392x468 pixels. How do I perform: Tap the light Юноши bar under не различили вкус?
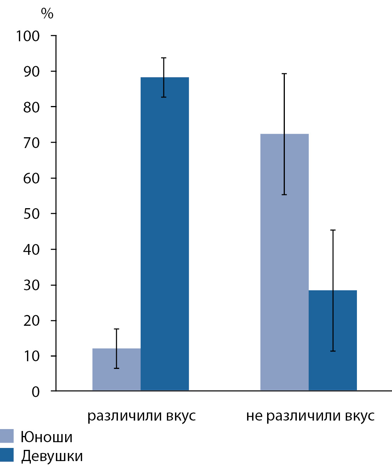click(x=284, y=262)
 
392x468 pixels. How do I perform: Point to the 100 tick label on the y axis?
click(x=28, y=36)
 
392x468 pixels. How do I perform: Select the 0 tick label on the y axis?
click(x=35, y=392)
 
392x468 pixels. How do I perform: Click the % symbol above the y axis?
click(x=47, y=14)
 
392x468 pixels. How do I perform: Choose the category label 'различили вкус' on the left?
click(x=141, y=416)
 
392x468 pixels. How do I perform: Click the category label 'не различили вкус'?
click(x=310, y=416)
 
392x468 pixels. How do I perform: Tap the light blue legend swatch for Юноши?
click(x=7, y=436)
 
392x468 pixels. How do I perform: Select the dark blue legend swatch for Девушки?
click(x=7, y=455)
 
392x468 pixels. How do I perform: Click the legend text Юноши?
click(x=47, y=437)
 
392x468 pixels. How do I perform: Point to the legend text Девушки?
click(x=52, y=456)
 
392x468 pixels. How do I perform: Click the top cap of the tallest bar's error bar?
click(x=163, y=58)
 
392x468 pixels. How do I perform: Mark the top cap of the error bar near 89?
click(x=284, y=74)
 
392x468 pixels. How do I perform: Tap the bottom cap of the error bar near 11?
click(x=333, y=351)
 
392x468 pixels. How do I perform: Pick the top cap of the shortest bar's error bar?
click(x=116, y=329)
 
